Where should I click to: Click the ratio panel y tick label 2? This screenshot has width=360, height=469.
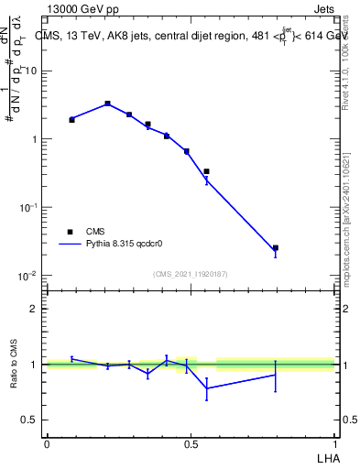(x=35, y=310)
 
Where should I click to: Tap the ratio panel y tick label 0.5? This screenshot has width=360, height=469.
(x=31, y=420)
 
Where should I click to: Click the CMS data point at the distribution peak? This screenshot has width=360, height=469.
(x=107, y=104)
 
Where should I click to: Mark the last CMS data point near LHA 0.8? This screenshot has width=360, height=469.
(x=275, y=247)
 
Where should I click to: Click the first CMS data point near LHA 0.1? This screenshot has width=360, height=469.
(x=71, y=120)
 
